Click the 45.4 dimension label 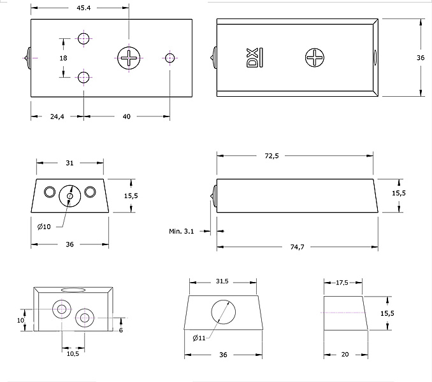pos(83,8)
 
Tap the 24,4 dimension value pos(57,117)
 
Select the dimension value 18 pos(63,58)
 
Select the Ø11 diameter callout pos(199,338)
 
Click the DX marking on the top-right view pos(252,57)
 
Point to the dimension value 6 pos(120,330)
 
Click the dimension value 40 pos(126,117)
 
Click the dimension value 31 pos(70,163)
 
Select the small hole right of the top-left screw pos(169,58)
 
